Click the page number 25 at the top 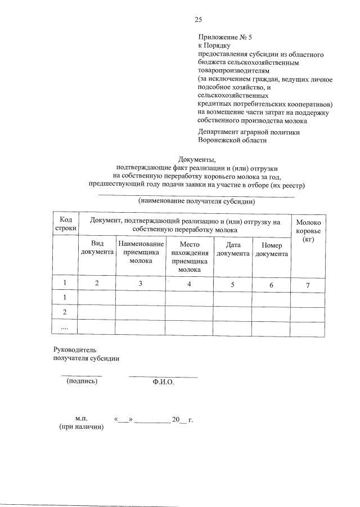coord(198,20)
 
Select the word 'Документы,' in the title coord(196,159)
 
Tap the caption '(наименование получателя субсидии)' coord(197,200)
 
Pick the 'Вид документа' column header coord(97,249)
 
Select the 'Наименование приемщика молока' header coord(141,253)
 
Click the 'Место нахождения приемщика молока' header coord(190,257)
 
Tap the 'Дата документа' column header coord(233,249)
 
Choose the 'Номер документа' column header coord(271,249)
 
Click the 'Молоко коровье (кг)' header coord(308,231)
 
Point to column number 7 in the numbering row coord(308,285)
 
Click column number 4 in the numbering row coord(190,284)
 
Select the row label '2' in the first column coord(65,312)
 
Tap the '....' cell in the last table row coord(65,327)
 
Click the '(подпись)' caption coord(82,381)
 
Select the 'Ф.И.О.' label coord(163,382)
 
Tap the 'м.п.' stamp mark coord(82,419)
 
